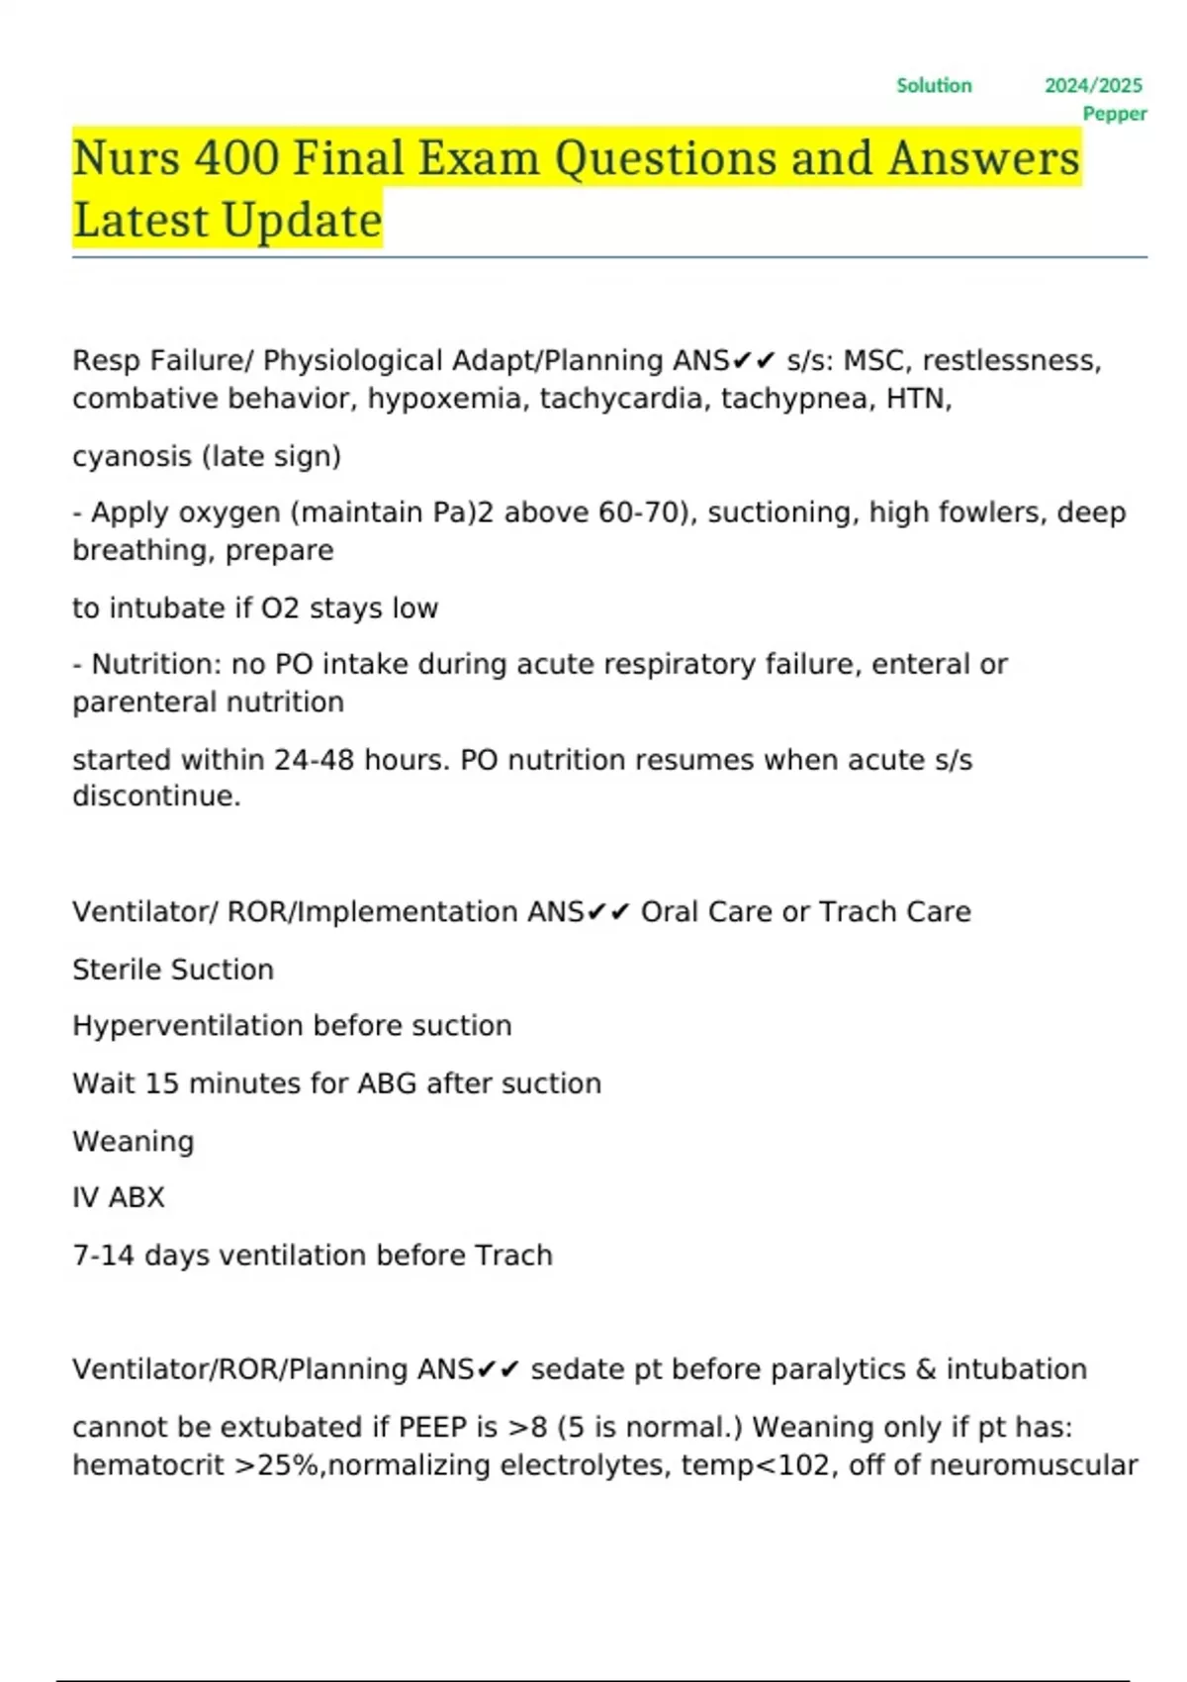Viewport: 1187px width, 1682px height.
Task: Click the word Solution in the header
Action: (934, 86)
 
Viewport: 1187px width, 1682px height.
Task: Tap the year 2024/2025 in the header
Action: (1093, 86)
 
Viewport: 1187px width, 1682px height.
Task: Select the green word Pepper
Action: (1115, 114)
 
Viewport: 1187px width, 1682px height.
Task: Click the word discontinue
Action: (156, 796)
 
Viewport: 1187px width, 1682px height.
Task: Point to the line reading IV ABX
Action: (119, 1197)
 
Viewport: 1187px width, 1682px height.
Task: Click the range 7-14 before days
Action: (103, 1256)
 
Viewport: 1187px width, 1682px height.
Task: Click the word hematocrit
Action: (148, 1465)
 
